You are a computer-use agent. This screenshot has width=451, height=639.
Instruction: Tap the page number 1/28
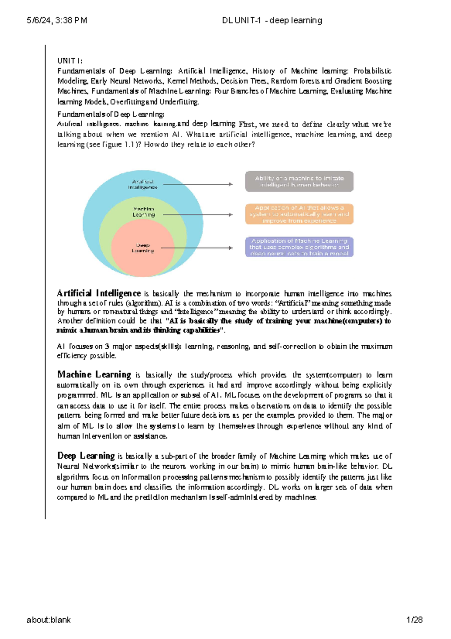point(415,620)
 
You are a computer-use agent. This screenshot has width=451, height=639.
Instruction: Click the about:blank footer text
point(48,620)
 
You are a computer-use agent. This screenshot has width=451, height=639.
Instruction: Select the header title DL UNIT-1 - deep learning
point(272,20)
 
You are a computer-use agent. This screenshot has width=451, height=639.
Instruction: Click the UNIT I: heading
point(70,61)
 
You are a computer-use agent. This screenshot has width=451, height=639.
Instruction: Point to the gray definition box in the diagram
point(299,182)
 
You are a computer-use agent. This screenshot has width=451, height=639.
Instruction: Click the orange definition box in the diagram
point(299,214)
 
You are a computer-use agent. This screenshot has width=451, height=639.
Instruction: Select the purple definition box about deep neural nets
point(299,247)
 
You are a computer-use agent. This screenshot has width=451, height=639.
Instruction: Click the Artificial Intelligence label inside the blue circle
point(143,184)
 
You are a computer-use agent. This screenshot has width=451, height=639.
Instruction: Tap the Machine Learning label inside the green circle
point(144,212)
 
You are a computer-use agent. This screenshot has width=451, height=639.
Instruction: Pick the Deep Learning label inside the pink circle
point(143,248)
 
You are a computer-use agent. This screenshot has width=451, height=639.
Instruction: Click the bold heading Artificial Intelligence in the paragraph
point(98,293)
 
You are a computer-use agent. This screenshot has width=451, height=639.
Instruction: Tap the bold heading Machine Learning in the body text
point(94,374)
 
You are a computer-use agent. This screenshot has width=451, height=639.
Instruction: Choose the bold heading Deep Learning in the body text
point(86,456)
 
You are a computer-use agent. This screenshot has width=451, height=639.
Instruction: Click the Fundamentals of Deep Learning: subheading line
point(110,114)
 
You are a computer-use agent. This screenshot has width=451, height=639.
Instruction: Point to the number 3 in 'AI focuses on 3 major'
point(107,346)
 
